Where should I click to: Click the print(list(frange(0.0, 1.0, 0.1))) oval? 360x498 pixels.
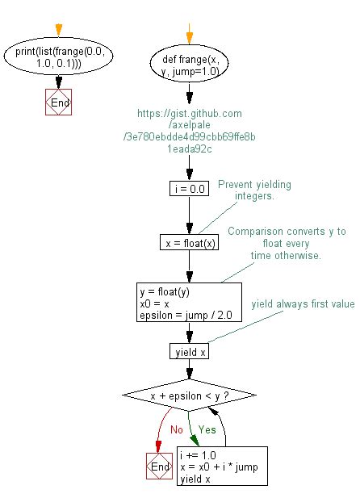(59, 59)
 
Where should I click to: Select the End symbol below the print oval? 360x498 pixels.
(59, 103)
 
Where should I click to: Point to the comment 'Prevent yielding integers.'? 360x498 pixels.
(254, 191)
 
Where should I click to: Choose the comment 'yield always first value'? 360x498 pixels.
(303, 303)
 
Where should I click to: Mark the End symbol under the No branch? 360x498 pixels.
(158, 467)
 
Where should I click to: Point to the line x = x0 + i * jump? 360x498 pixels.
(218, 466)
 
